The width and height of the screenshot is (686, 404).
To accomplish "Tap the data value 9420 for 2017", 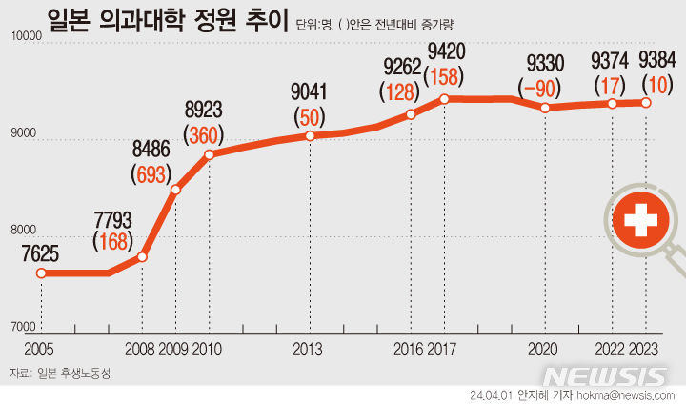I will [x=445, y=50].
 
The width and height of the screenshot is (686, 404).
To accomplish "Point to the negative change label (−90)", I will [x=542, y=88].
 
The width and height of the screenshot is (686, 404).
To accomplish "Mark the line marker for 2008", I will [x=142, y=257].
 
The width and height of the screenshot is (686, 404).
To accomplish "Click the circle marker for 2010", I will [x=209, y=154].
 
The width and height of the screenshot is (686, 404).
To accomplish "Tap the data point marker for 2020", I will [x=544, y=108].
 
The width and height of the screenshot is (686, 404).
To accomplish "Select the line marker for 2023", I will [x=646, y=103].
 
